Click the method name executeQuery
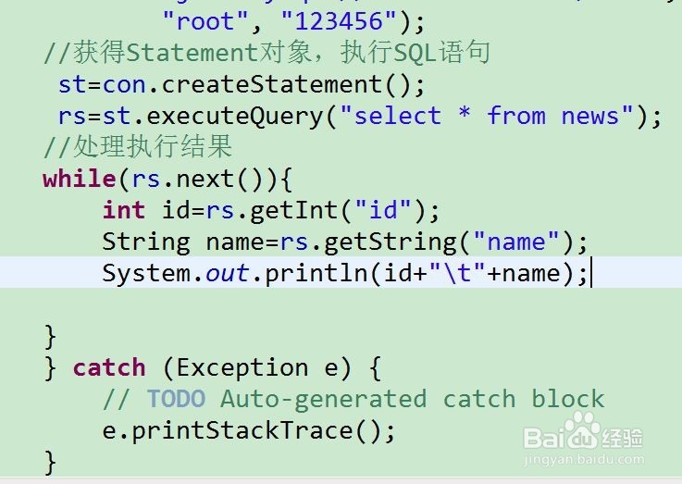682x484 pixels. [x=236, y=117]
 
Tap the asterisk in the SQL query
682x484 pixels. [x=464, y=117]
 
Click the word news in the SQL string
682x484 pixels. [x=589, y=117]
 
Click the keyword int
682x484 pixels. [x=124, y=210]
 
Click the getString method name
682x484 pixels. [x=406, y=242]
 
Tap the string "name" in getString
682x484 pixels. [x=516, y=242]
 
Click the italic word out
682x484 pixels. [x=227, y=274]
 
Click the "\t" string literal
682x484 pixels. [x=457, y=274]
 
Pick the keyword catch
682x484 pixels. [x=109, y=367]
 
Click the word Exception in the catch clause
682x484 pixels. [x=242, y=367]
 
